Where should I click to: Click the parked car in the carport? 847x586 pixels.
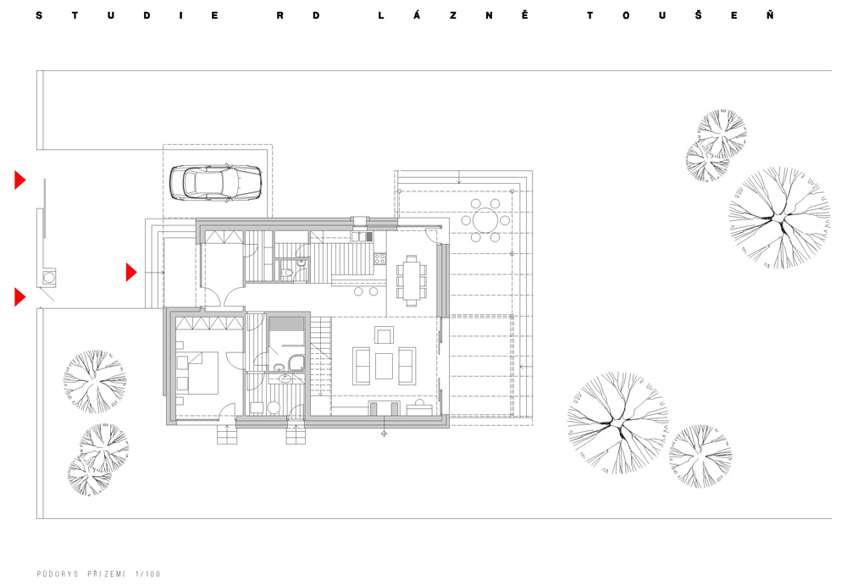click(215, 183)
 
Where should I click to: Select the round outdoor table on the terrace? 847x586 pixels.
click(485, 220)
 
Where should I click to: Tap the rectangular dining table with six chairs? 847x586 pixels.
click(411, 280)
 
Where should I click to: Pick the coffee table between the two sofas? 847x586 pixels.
click(384, 366)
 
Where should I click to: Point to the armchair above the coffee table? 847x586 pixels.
click(384, 335)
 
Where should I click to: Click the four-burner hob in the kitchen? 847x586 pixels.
click(379, 259)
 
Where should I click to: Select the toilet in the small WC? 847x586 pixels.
click(287, 274)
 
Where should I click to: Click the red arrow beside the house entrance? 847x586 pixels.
click(130, 272)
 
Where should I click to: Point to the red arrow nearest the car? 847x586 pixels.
click(20, 180)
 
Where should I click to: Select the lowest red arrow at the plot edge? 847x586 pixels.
click(20, 297)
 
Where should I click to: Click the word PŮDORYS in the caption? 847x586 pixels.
click(58, 573)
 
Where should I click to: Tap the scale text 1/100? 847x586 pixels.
click(148, 573)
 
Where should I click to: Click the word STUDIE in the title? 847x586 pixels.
click(127, 15)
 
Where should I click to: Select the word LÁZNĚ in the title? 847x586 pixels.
click(452, 15)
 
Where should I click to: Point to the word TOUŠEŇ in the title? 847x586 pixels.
click(680, 15)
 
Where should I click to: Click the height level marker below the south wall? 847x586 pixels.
click(384, 434)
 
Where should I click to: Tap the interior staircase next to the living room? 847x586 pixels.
click(320, 366)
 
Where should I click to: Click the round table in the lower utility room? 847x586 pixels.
click(274, 408)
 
